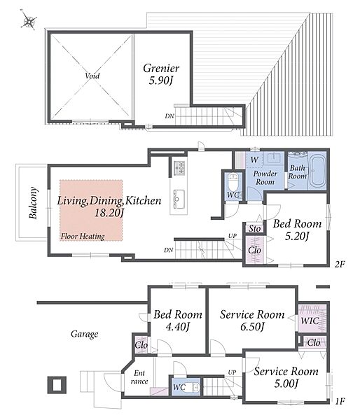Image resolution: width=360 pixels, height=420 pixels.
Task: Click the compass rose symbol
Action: click(29, 21)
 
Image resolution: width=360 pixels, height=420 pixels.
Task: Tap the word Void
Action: click(92, 76)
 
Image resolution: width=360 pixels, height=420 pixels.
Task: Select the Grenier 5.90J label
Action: click(161, 74)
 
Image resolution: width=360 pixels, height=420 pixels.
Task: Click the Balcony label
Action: click(34, 203)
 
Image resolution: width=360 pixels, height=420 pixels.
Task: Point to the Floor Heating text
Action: click(83, 237)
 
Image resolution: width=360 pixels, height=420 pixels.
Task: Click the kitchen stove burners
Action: click(179, 167)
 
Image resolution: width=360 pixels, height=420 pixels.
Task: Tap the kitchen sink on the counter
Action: click(179, 199)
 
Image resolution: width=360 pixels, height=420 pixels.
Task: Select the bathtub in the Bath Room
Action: click(317, 171)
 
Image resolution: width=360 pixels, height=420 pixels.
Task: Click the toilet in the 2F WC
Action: click(233, 181)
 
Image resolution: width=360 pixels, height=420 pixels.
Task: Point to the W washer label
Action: click(254, 160)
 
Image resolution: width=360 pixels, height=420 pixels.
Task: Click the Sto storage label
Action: click(254, 228)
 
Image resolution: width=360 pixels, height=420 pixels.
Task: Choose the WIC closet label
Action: click(310, 321)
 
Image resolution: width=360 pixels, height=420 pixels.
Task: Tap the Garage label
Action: click(85, 334)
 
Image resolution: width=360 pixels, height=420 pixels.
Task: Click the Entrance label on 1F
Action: click(139, 377)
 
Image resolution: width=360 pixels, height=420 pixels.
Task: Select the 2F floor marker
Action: click(339, 265)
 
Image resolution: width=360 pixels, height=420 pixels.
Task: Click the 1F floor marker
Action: click(340, 401)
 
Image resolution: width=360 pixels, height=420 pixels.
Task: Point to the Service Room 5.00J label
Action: click(286, 377)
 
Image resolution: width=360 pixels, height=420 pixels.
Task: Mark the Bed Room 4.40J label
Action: click(178, 321)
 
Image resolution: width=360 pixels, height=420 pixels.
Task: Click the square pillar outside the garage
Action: click(57, 385)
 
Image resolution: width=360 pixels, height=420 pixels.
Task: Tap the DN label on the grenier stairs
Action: click(169, 116)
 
